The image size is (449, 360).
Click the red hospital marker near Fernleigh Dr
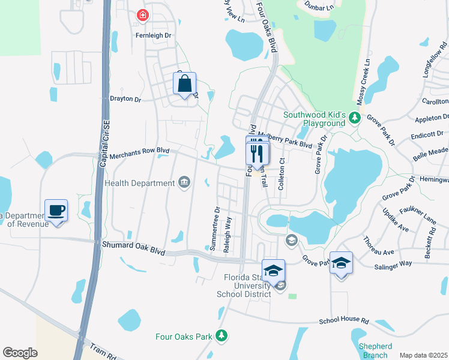click(143, 15)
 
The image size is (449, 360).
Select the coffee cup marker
click(56, 211)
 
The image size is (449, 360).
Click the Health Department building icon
click(184, 183)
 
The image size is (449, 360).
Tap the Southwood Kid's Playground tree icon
click(355, 116)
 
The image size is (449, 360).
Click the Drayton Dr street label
click(125, 98)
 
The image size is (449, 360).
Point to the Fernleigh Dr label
click(153, 35)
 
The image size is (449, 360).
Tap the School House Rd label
click(343, 320)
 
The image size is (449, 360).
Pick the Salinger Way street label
click(393, 263)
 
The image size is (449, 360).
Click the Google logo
click(20, 353)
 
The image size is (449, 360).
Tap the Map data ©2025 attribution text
click(423, 355)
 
